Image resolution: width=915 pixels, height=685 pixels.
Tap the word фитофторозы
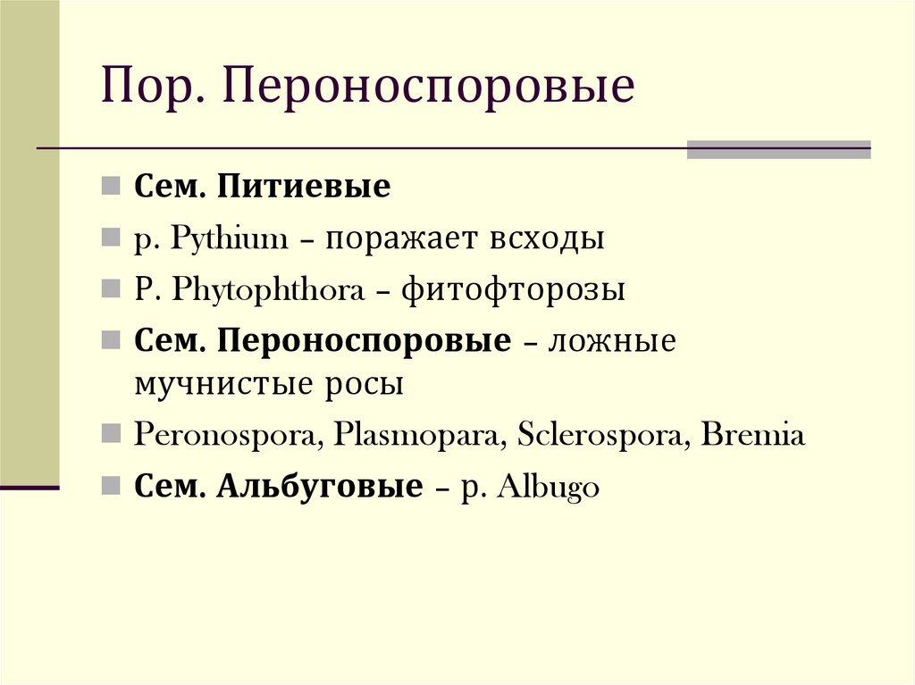tap(513, 291)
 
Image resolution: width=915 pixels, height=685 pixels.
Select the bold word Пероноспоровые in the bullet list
tap(365, 343)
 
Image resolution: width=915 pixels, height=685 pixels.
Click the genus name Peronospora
tap(228, 436)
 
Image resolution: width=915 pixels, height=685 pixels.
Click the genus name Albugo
tap(548, 489)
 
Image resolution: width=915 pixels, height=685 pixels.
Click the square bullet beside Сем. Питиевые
tap(109, 188)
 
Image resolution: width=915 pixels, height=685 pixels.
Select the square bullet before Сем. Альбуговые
tap(109, 488)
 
